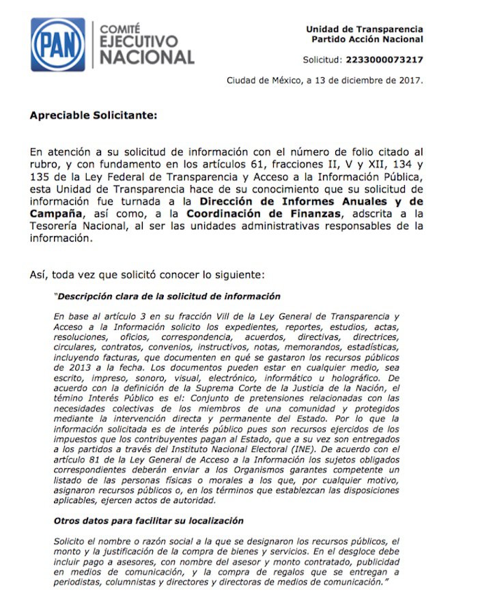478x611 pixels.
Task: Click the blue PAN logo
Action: (x=57, y=45)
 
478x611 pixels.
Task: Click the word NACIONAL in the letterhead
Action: (x=147, y=58)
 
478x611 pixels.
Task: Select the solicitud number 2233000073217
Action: (x=384, y=59)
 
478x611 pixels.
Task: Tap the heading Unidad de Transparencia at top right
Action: (x=364, y=29)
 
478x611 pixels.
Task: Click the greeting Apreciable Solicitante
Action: (x=93, y=115)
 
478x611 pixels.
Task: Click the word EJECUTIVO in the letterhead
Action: (x=139, y=42)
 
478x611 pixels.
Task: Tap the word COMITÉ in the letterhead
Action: (x=119, y=29)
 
